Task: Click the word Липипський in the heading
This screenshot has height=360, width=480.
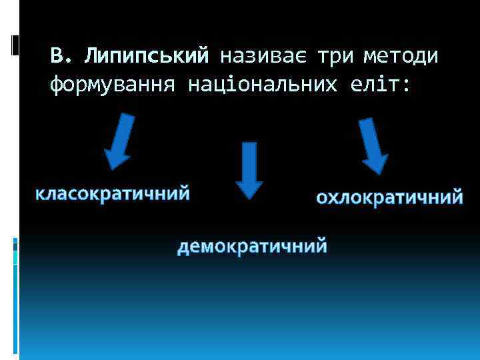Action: tap(147, 56)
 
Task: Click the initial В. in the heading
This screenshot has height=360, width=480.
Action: tap(60, 56)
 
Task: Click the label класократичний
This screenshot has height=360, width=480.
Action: tap(113, 194)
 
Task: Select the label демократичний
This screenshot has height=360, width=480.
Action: tap(252, 247)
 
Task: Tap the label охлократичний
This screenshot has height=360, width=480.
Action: tap(389, 197)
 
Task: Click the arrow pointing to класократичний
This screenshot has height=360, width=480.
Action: tap(120, 141)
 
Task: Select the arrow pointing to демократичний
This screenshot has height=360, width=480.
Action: tap(249, 170)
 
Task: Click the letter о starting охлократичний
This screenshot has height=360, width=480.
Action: tap(321, 198)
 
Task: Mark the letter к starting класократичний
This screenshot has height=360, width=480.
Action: tap(40, 194)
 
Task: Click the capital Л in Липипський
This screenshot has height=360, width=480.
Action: tap(90, 56)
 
